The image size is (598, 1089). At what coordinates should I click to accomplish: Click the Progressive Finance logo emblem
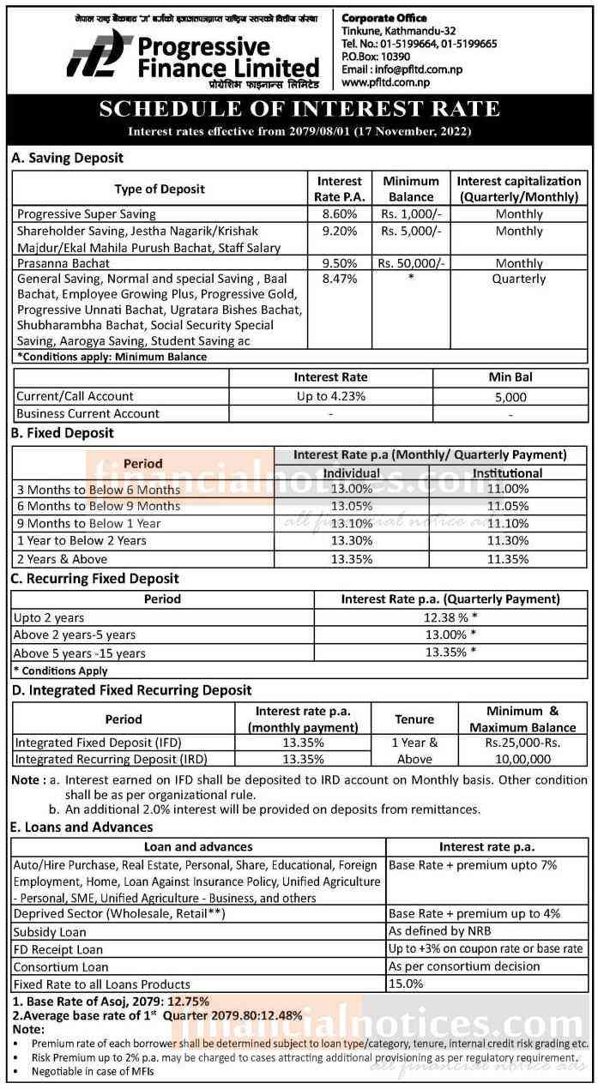(95, 53)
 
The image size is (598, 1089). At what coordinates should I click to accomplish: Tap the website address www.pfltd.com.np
(385, 82)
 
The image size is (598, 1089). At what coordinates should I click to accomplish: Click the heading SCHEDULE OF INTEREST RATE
(299, 110)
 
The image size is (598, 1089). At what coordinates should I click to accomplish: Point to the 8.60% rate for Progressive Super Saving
(339, 214)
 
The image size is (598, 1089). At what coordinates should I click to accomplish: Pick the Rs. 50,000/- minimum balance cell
(411, 263)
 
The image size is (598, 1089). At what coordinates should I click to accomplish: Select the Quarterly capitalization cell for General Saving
(518, 279)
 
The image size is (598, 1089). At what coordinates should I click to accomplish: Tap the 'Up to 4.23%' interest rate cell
(330, 396)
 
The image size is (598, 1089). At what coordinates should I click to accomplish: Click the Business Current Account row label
(88, 413)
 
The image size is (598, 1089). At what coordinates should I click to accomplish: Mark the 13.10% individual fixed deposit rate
(352, 523)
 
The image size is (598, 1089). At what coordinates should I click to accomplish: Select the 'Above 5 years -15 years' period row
(79, 653)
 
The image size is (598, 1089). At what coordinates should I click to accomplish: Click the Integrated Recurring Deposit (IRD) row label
(111, 759)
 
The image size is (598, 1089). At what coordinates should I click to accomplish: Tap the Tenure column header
(414, 719)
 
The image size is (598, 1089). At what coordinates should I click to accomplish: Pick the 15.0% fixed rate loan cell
(406, 984)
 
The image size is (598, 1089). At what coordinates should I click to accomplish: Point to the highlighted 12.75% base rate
(187, 1001)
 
